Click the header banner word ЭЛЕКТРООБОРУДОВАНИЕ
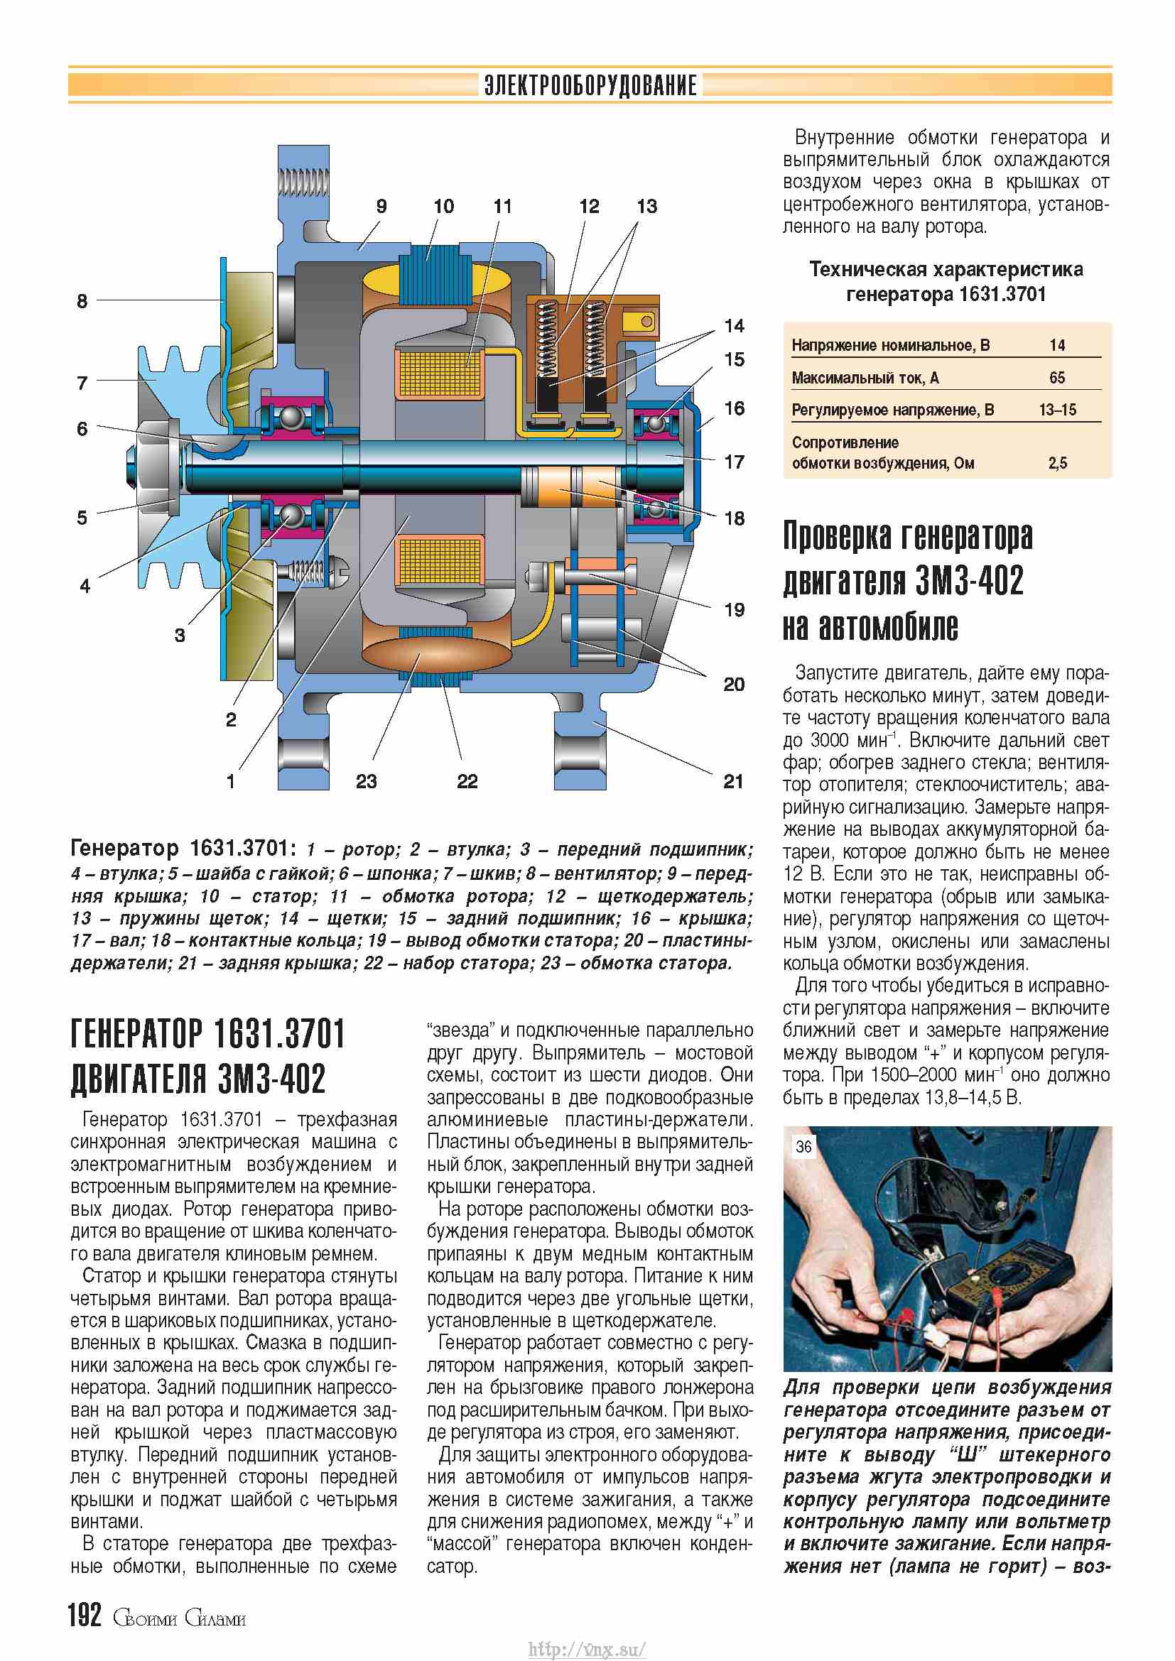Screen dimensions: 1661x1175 coord(590,85)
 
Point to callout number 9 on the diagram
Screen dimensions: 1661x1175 coord(381,207)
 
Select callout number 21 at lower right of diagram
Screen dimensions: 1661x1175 coord(733,781)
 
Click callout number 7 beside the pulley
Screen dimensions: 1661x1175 coord(82,383)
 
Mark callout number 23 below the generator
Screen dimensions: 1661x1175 coord(366,781)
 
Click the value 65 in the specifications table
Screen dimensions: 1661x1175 coord(1056,378)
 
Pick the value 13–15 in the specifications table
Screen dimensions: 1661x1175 coord(1057,410)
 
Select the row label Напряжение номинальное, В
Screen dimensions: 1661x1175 coord(890,345)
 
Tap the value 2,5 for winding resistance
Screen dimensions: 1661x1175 coord(1057,463)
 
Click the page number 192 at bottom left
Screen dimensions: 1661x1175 coord(85,1615)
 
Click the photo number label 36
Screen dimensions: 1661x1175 coord(803,1147)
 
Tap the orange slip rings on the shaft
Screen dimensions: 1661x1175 coord(572,487)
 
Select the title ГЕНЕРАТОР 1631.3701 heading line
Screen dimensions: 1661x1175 coord(207,1034)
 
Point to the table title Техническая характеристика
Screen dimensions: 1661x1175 coord(946,270)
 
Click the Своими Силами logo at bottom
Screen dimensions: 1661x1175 coord(179,1618)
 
